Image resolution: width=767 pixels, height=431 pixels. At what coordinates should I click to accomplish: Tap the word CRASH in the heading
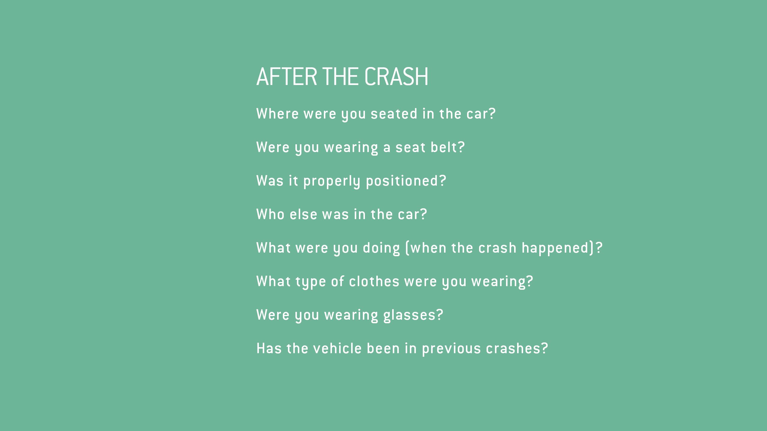396,77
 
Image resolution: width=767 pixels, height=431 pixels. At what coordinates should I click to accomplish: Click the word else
303,214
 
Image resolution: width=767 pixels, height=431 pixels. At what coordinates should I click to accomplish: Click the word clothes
374,281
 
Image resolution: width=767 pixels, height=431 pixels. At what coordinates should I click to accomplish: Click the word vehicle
337,348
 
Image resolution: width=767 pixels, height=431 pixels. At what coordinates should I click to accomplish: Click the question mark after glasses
440,315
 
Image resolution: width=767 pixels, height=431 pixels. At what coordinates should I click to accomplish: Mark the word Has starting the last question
269,348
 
